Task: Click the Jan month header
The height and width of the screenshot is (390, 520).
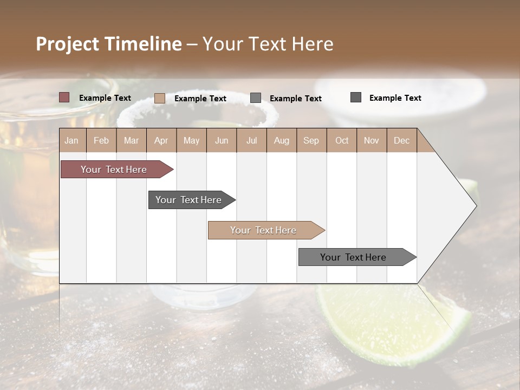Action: tap(71, 140)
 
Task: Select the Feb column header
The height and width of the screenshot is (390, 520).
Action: tap(101, 140)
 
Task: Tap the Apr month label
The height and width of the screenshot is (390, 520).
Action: tap(161, 140)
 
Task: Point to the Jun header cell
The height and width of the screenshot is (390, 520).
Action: tap(222, 140)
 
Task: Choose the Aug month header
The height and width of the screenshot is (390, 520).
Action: tap(281, 140)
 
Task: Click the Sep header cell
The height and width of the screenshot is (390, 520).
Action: tap(311, 140)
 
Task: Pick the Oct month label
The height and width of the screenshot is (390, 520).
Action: tap(342, 140)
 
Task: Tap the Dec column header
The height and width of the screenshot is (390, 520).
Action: tap(401, 140)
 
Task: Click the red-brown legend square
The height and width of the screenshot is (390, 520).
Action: tap(64, 97)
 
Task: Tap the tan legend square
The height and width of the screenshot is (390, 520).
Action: tap(160, 98)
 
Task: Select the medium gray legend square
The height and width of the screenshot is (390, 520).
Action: tap(256, 97)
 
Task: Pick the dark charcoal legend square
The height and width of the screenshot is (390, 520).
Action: tap(356, 97)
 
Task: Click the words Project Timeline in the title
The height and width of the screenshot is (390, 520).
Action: tap(108, 44)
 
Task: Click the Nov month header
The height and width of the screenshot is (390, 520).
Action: tap(371, 140)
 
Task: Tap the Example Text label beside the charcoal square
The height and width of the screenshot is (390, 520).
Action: tap(395, 98)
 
